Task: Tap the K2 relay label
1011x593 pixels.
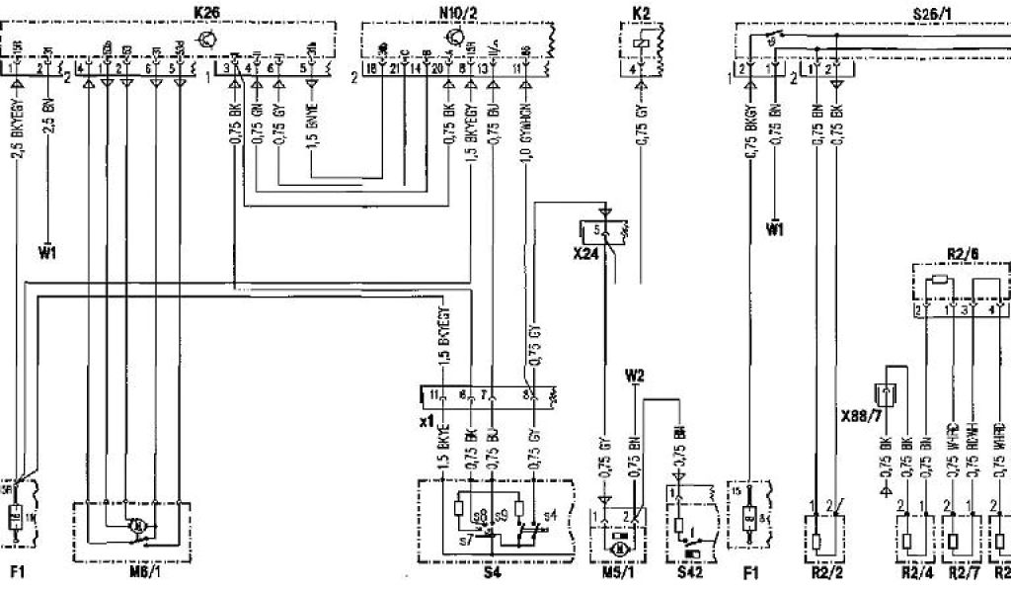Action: (643, 12)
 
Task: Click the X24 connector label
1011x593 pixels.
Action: (586, 253)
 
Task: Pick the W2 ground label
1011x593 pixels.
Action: (635, 376)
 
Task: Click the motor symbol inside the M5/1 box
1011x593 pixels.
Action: (620, 546)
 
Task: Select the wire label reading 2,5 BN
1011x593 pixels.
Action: (49, 118)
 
